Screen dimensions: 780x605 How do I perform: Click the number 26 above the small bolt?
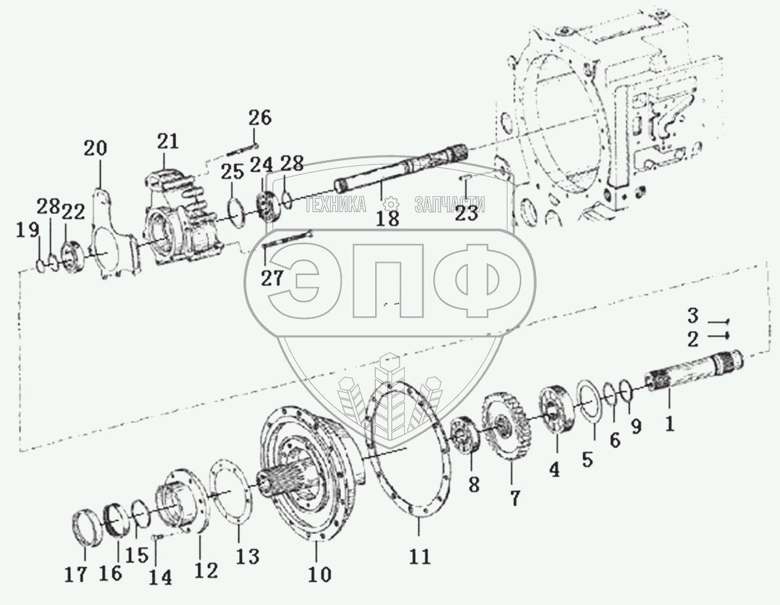pyautogui.click(x=260, y=118)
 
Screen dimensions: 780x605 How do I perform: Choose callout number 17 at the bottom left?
pyautogui.click(x=76, y=575)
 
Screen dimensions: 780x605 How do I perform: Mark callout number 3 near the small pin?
pyautogui.click(x=692, y=316)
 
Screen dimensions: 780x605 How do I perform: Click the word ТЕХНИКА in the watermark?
pyautogui.click(x=335, y=205)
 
